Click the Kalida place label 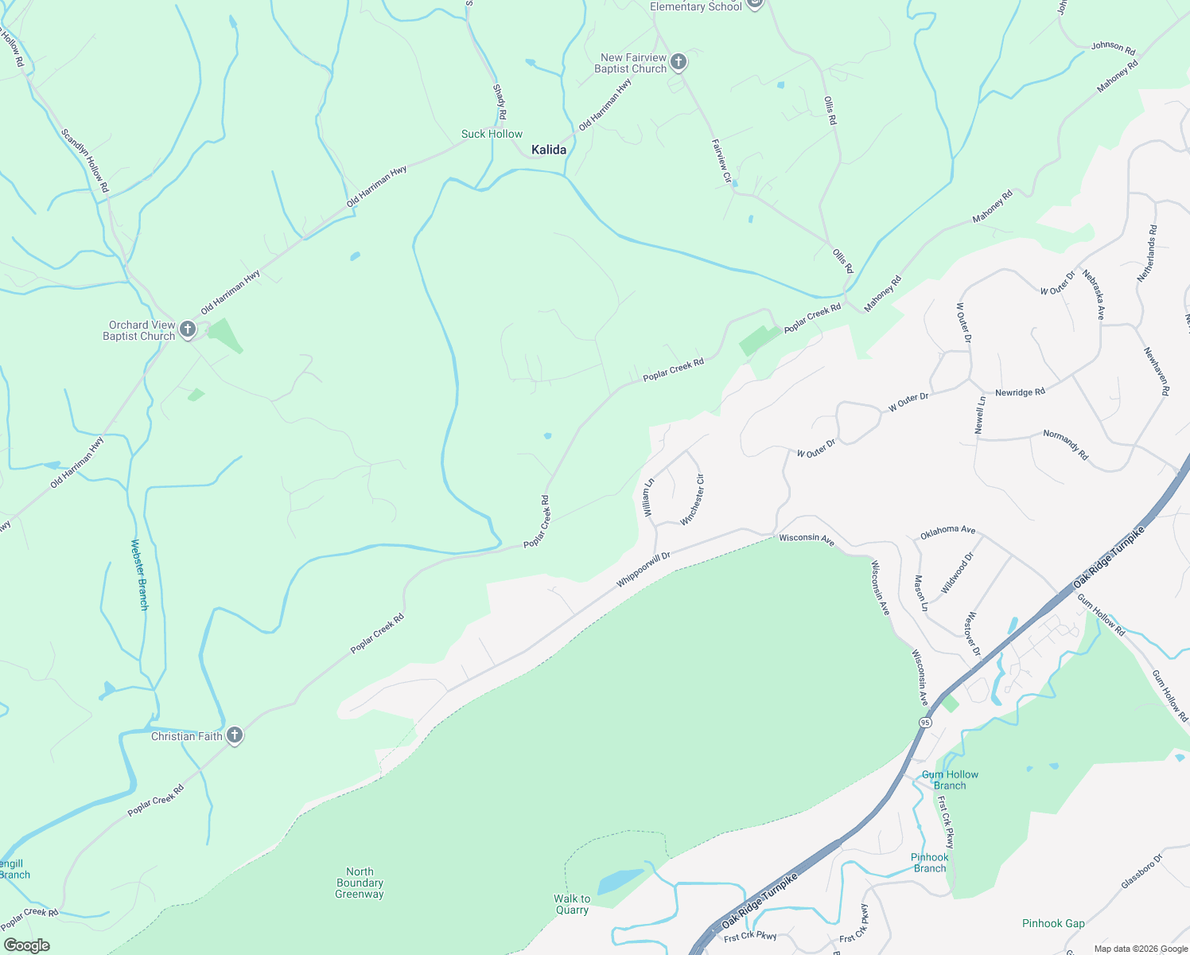point(549,150)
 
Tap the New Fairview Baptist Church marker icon point(678,62)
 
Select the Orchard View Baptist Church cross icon point(188,329)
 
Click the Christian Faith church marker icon point(234,735)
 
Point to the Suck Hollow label point(492,134)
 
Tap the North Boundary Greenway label point(360,883)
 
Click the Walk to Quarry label point(572,904)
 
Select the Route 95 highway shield point(924,722)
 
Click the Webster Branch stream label point(139,575)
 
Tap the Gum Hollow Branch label point(950,780)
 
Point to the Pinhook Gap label point(1053,923)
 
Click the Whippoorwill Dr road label point(644,570)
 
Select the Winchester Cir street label point(693,500)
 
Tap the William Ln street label point(649,497)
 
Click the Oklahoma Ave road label point(947,531)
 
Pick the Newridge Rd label point(1020,392)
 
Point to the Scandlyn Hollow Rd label point(84,160)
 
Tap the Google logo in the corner point(26,945)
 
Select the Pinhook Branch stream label point(929,863)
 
